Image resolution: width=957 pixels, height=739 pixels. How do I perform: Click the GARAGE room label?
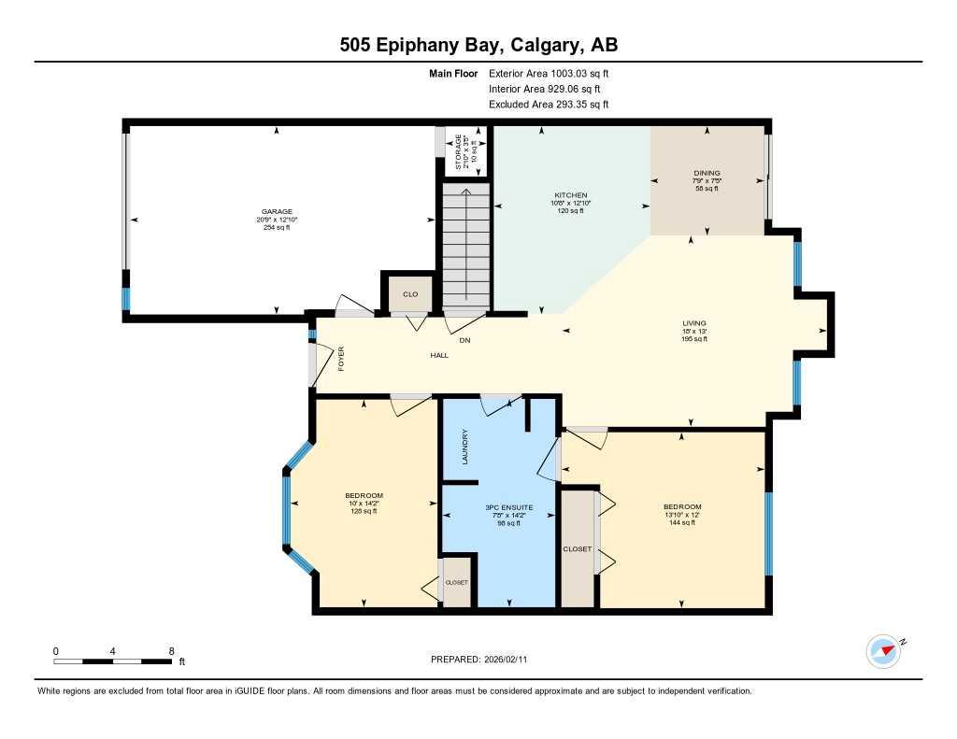(x=277, y=212)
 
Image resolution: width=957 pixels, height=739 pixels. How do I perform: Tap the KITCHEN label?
(x=570, y=195)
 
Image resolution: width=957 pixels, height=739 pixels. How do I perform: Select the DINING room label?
(x=707, y=174)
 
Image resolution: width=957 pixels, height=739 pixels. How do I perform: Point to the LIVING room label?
(x=693, y=323)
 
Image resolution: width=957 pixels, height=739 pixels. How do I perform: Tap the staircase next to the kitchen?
(x=465, y=245)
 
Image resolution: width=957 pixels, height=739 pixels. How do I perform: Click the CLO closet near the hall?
(x=409, y=293)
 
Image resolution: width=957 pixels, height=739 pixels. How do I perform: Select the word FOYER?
(x=341, y=360)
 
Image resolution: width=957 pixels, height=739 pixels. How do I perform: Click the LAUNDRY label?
(x=464, y=447)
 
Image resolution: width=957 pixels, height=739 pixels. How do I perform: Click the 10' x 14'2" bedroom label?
(x=364, y=496)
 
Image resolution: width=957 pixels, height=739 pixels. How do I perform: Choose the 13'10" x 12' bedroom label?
(x=681, y=506)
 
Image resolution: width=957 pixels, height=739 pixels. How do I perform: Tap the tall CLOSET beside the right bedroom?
(x=578, y=548)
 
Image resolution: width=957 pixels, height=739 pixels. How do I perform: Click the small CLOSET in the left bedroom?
(x=456, y=582)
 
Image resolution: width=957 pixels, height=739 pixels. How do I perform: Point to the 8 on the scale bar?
(x=171, y=650)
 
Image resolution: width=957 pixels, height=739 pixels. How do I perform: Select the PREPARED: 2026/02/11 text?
(x=484, y=660)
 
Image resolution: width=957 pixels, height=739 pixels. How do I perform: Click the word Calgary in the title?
(x=534, y=45)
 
